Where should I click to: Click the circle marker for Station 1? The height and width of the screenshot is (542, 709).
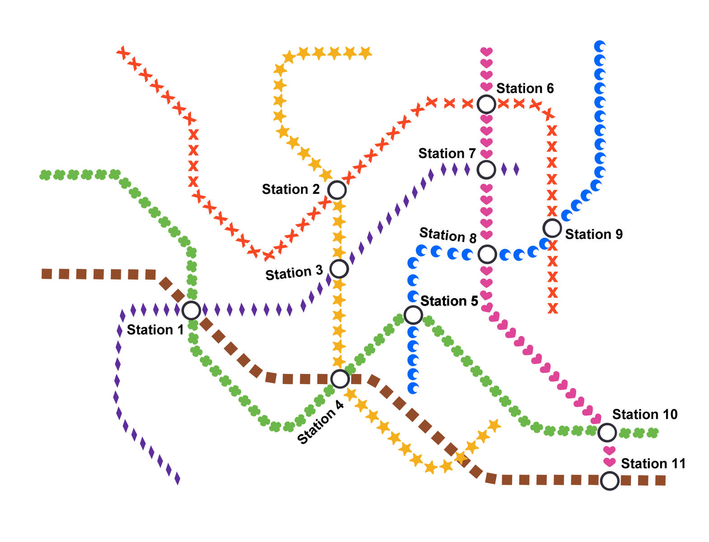tap(191, 310)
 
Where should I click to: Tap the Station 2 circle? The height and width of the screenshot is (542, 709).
tap(337, 190)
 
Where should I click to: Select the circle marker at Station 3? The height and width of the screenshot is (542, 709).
tap(339, 269)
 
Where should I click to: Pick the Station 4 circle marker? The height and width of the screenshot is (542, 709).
tap(340, 378)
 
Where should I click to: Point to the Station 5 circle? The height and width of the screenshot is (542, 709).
tap(413, 315)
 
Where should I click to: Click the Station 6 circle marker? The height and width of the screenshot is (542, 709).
tap(486, 104)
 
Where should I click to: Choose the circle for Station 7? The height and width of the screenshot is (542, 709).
tap(486, 169)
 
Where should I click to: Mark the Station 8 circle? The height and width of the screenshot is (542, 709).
tap(487, 254)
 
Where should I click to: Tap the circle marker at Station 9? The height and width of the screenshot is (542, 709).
tap(552, 228)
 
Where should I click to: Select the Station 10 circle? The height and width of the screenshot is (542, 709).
tap(607, 432)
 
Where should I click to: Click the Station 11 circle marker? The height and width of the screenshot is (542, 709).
tap(610, 481)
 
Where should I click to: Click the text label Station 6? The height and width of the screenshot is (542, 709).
tap(525, 89)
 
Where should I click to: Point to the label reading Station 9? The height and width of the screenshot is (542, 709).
tap(594, 234)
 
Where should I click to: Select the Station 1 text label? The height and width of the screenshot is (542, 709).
tap(155, 330)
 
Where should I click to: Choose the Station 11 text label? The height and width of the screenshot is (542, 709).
tap(653, 464)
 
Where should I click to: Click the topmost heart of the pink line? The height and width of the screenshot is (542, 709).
tap(486, 51)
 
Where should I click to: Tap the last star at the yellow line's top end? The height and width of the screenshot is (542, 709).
tap(365, 53)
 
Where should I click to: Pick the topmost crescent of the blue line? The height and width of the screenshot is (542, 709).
tap(600, 46)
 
